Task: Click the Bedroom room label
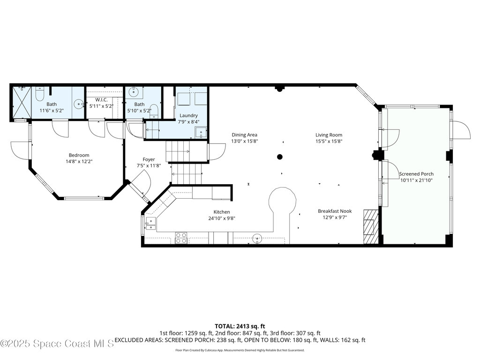[x=79, y=155]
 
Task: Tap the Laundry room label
[x=188, y=115]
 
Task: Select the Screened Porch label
[x=416, y=174]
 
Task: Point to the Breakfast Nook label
[x=335, y=211]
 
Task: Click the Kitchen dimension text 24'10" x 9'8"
[x=222, y=218]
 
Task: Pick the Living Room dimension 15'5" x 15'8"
[x=329, y=142]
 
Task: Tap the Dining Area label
[x=244, y=135]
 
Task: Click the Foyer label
[x=149, y=159]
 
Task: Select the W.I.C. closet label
[x=101, y=100]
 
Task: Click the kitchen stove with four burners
[x=181, y=238]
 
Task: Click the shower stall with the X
[x=22, y=103]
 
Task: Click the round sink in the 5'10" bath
[x=133, y=91]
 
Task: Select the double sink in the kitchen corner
[x=150, y=224]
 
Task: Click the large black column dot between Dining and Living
[x=279, y=157]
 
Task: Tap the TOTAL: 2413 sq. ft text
[x=240, y=326]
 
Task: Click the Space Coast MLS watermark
[x=57, y=344]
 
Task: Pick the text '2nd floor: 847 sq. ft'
[x=241, y=333]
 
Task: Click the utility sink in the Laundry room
[x=201, y=132]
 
